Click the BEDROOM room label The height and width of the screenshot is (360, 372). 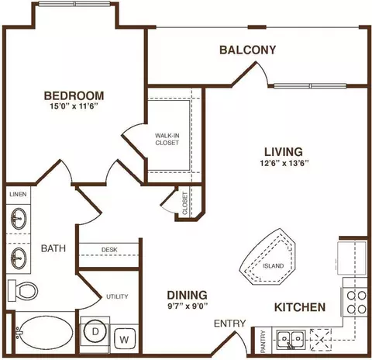(74, 95)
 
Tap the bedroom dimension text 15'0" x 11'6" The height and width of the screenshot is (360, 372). (74, 106)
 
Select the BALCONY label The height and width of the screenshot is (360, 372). (248, 50)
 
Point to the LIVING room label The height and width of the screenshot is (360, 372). (284, 152)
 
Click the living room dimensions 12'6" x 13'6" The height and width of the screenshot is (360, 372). (284, 163)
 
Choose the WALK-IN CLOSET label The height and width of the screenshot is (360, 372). (167, 139)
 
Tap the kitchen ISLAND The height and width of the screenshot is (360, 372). (267, 257)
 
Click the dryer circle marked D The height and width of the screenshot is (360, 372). (95, 332)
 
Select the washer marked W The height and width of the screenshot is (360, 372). (125, 339)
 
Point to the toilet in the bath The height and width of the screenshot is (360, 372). (22, 291)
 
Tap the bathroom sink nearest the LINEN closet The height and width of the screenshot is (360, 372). (19, 219)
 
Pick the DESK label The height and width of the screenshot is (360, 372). (109, 250)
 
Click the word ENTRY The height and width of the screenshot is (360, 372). (229, 324)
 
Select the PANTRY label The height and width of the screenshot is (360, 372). (263, 341)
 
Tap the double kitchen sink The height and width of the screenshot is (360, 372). (291, 339)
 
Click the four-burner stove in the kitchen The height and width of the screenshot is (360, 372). (355, 302)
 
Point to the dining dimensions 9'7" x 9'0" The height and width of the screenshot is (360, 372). (188, 306)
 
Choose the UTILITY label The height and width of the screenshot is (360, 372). (117, 296)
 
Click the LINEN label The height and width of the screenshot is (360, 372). (18, 194)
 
